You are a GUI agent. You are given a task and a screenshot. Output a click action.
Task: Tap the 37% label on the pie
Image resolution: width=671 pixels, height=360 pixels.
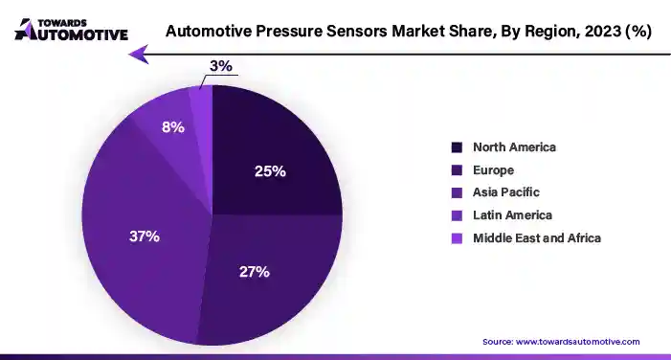coord(145,236)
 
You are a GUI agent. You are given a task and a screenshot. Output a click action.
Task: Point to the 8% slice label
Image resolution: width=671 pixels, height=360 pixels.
coord(172,125)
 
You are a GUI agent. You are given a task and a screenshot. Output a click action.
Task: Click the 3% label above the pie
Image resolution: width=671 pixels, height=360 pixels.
coord(220,66)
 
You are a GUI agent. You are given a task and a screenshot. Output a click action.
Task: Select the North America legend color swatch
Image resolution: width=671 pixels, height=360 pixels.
coord(457,147)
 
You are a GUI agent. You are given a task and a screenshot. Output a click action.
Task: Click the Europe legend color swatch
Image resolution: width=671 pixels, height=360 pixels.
coord(457,169)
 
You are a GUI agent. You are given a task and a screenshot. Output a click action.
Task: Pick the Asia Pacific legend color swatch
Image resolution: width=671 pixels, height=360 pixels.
coord(457,192)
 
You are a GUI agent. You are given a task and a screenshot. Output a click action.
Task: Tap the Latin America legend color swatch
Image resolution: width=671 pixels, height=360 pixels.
coord(457,214)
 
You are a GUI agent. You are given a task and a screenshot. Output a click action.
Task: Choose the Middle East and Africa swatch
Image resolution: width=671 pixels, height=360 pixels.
coord(457,237)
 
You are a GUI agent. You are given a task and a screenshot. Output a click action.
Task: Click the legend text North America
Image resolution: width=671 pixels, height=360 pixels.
coord(514,147)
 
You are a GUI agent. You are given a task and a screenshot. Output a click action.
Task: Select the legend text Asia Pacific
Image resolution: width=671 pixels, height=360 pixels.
coord(505,192)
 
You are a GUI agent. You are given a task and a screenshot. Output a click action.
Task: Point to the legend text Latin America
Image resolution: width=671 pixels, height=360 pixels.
coord(512,214)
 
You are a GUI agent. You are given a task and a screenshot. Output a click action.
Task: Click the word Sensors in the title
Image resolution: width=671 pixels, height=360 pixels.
coord(347,31)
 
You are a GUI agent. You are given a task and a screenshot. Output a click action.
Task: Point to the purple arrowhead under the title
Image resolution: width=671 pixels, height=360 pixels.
coord(140,55)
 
